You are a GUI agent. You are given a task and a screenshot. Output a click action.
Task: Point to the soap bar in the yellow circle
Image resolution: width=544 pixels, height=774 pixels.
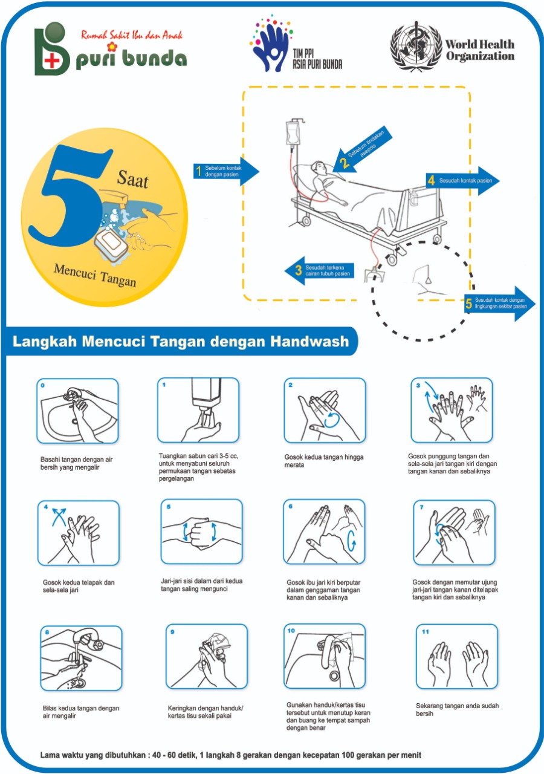click(111, 245)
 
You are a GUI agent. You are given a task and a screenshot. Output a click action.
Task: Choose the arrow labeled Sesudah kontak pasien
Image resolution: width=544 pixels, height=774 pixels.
click(462, 180)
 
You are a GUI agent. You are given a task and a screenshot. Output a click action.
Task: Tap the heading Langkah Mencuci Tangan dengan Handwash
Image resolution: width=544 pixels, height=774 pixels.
click(181, 342)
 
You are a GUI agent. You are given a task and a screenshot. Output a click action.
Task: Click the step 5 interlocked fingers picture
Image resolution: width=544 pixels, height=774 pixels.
click(201, 530)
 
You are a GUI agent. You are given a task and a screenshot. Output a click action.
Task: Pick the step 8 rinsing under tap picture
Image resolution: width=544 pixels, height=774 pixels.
click(82, 658)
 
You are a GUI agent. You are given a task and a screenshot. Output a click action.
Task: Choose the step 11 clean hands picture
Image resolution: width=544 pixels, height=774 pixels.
click(457, 657)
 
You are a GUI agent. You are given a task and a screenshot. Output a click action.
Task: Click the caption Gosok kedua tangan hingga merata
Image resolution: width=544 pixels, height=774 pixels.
click(324, 461)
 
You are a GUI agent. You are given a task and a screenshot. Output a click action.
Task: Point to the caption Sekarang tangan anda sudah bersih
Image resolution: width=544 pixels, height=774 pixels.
click(448, 709)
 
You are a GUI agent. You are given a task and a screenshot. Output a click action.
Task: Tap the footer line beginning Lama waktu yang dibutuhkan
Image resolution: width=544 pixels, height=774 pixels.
click(230, 755)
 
